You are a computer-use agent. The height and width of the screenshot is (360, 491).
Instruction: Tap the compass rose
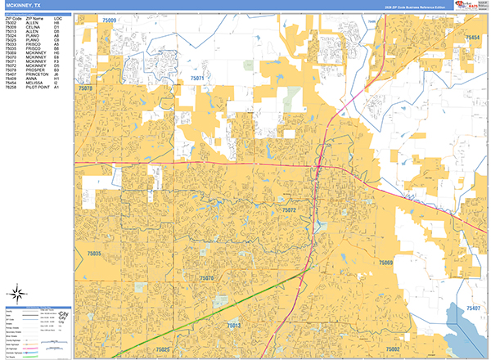click(x=16, y=291)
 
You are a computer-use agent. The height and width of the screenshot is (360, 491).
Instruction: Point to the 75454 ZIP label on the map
click(x=472, y=38)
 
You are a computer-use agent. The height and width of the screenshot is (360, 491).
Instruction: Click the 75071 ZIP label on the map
click(x=196, y=78)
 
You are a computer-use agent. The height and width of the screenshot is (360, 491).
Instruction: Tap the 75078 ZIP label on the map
click(x=85, y=86)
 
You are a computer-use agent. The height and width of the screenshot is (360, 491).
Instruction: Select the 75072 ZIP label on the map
click(x=290, y=210)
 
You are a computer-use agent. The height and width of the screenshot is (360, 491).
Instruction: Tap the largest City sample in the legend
click(x=65, y=313)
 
